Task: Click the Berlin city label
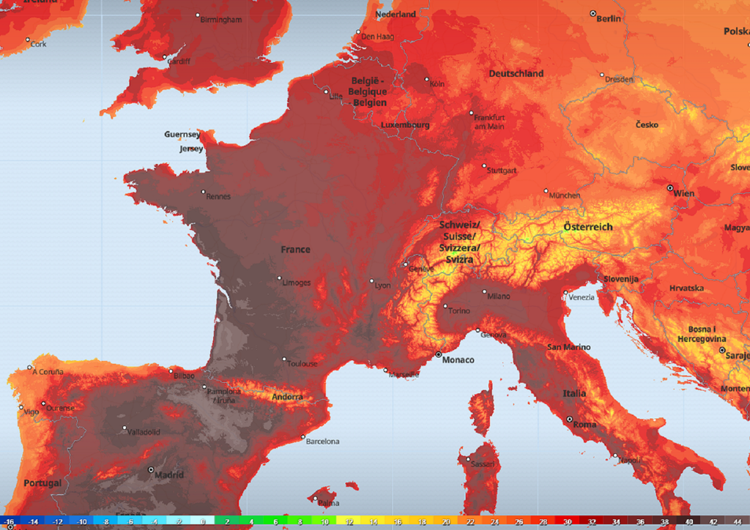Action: pyautogui.click(x=609, y=19)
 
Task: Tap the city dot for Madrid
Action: pyautogui.click(x=151, y=469)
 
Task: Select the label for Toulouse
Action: pyautogui.click(x=302, y=364)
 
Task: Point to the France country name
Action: pyautogui.click(x=295, y=250)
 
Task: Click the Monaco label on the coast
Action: pyautogui.click(x=458, y=360)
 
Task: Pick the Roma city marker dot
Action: pyautogui.click(x=569, y=419)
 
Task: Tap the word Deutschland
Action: pyautogui.click(x=516, y=74)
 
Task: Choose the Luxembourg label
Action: pyautogui.click(x=405, y=125)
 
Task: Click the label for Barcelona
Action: pyautogui.click(x=322, y=441)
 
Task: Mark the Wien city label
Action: pyautogui.click(x=684, y=194)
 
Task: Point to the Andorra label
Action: pyautogui.click(x=287, y=397)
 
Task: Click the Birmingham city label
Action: pyautogui.click(x=223, y=20)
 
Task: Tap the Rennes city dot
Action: pyautogui.click(x=204, y=192)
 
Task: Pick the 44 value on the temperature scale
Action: pyautogui.click(x=735, y=522)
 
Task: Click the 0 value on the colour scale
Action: pyautogui.click(x=202, y=522)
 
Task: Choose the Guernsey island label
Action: pyautogui.click(x=182, y=135)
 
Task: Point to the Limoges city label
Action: pyautogui.click(x=297, y=283)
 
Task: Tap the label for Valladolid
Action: pyautogui.click(x=144, y=432)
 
